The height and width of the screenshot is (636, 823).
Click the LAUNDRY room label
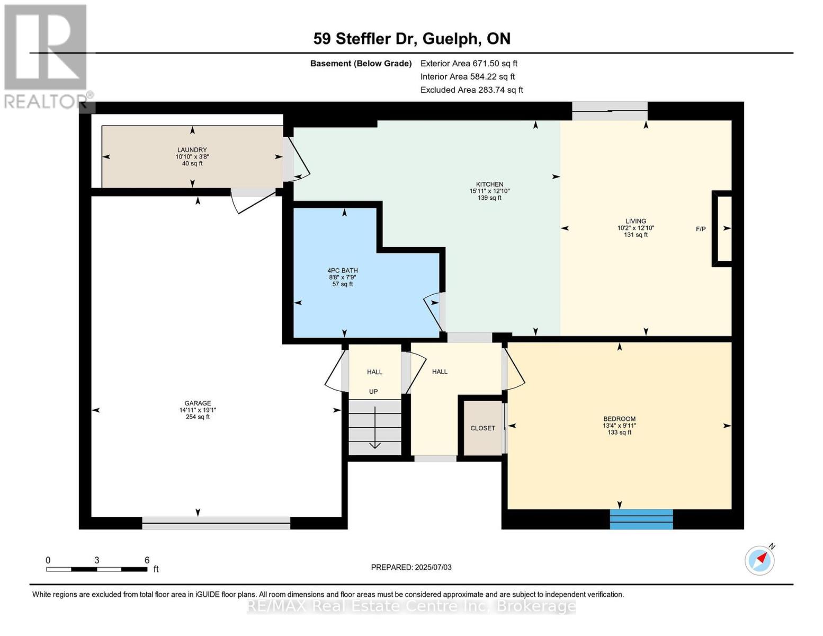(192, 150)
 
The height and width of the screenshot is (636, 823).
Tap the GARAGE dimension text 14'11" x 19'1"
(198, 410)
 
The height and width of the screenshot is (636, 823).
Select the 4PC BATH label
(343, 270)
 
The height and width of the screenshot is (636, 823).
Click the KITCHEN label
(489, 184)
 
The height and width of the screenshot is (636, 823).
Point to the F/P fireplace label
(701, 229)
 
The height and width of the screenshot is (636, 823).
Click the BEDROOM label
(619, 419)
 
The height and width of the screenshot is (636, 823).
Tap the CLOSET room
(482, 428)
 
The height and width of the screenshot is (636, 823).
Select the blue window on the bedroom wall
(641, 519)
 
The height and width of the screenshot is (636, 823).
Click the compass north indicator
(760, 560)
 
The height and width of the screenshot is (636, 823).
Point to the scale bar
(96, 569)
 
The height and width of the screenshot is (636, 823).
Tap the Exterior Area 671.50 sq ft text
(469, 64)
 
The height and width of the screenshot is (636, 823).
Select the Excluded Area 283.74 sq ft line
(471, 90)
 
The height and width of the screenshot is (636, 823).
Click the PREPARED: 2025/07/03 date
(411, 567)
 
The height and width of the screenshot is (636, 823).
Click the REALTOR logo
(46, 56)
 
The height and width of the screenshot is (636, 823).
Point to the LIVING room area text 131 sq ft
(636, 235)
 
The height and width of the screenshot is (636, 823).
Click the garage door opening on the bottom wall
(216, 523)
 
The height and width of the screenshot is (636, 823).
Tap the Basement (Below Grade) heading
(361, 64)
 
